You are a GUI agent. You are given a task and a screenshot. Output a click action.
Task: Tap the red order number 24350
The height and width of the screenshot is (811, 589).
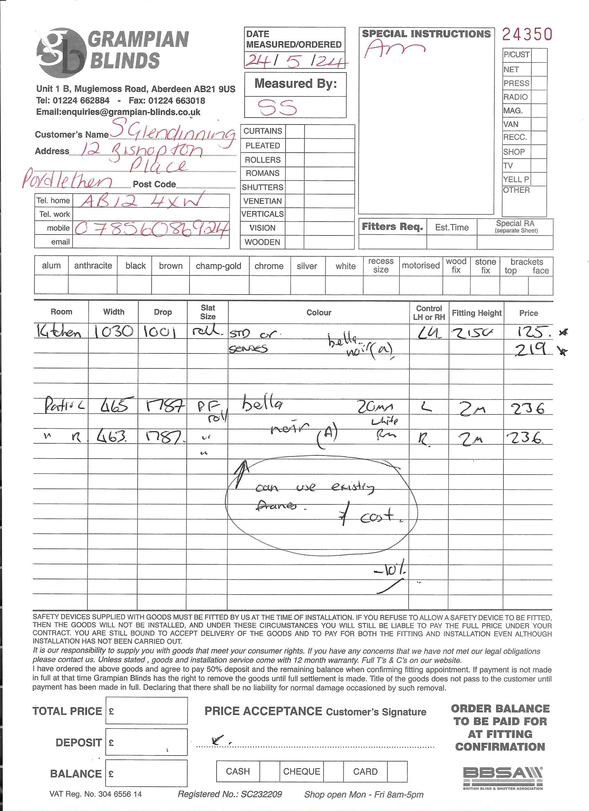pyautogui.click(x=527, y=34)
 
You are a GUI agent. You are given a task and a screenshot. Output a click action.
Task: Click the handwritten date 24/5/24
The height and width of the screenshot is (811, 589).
pyautogui.click(x=295, y=61)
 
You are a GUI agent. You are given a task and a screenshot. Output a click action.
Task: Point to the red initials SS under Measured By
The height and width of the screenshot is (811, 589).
pyautogui.click(x=277, y=107)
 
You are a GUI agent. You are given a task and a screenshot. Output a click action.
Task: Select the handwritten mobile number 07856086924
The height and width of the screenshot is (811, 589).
pyautogui.click(x=151, y=229)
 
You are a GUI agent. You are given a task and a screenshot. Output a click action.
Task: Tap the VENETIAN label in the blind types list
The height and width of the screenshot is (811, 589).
pyautogui.click(x=263, y=201)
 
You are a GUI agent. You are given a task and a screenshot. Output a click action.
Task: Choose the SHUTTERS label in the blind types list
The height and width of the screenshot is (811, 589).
pyautogui.click(x=263, y=187)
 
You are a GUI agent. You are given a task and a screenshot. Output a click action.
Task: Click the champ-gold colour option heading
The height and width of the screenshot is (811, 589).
pyautogui.click(x=218, y=266)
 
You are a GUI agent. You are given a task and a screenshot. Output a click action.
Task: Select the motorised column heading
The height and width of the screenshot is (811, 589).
pyautogui.click(x=420, y=265)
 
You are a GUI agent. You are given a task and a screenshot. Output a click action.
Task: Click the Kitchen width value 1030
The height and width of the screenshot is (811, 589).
pyautogui.click(x=114, y=332)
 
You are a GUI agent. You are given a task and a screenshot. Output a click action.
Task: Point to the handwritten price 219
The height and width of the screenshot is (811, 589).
pyautogui.click(x=531, y=349)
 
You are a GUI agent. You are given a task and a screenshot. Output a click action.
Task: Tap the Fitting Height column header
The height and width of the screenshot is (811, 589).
pyautogui.click(x=476, y=313)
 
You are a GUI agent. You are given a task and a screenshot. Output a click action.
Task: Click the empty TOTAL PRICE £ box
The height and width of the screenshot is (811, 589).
pyautogui.click(x=147, y=710)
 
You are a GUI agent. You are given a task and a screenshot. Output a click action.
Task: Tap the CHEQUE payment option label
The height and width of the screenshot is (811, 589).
pyautogui.click(x=301, y=771)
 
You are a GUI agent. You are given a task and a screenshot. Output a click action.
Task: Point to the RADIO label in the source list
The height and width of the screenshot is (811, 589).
pyautogui.click(x=516, y=97)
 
